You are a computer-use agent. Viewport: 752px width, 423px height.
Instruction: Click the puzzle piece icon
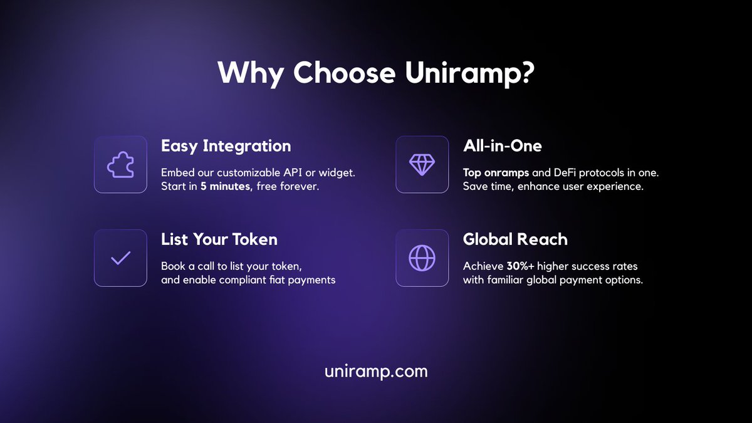pos(120,164)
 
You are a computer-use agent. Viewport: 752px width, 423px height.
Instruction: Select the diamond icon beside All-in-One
pos(422,164)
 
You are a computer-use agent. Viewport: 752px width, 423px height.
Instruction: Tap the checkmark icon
pos(120,258)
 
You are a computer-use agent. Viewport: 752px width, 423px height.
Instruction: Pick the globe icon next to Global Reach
pos(422,258)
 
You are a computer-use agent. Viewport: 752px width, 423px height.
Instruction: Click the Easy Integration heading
pos(226,146)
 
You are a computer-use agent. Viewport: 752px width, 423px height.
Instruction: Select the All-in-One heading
pos(502,146)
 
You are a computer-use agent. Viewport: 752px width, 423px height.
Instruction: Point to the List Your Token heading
pos(219,239)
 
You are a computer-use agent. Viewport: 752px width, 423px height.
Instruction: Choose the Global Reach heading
pos(514,239)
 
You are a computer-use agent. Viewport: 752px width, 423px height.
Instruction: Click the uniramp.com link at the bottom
pos(376,371)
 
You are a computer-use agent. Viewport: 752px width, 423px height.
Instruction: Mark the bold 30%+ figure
pos(520,266)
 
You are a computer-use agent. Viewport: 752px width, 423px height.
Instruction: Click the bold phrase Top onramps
pos(495,172)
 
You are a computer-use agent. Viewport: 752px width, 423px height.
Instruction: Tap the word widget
pos(345,172)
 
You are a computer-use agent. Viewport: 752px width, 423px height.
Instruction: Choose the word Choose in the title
pos(345,73)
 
